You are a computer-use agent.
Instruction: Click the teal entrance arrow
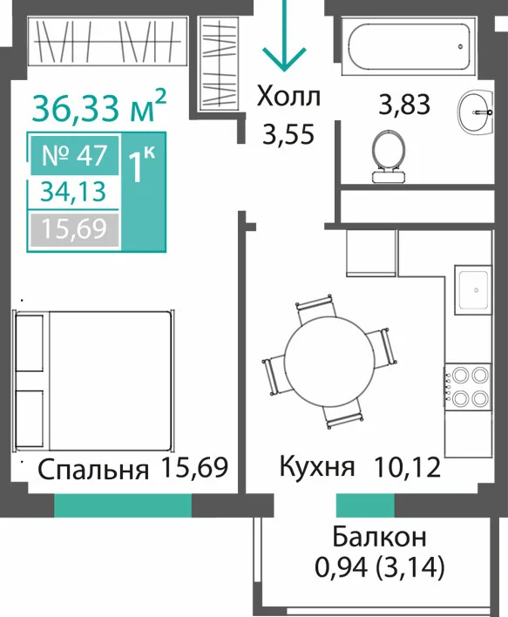pos(284,36)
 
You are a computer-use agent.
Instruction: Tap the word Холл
pos(288,97)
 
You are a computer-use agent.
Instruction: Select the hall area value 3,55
pos(288,134)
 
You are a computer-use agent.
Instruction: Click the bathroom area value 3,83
pos(404,105)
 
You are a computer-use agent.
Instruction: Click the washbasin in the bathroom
pos(476,112)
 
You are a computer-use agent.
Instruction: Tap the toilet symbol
pos(389,156)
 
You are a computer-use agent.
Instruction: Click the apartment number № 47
pos(75,155)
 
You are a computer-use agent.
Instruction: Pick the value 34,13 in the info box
pos(74,192)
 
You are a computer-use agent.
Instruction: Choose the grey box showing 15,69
pos(73,229)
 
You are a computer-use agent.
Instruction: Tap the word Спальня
pos(93,470)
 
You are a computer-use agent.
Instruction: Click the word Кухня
pos(317,466)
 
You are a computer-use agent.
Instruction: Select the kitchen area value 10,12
pos(407,467)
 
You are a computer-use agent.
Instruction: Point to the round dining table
pos(329,361)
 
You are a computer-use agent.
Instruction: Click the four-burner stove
pos(468,387)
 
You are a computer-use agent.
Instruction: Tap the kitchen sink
pos(473,290)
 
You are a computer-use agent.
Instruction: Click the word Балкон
pos(379,537)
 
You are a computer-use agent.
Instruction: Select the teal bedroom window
pos(123,505)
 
